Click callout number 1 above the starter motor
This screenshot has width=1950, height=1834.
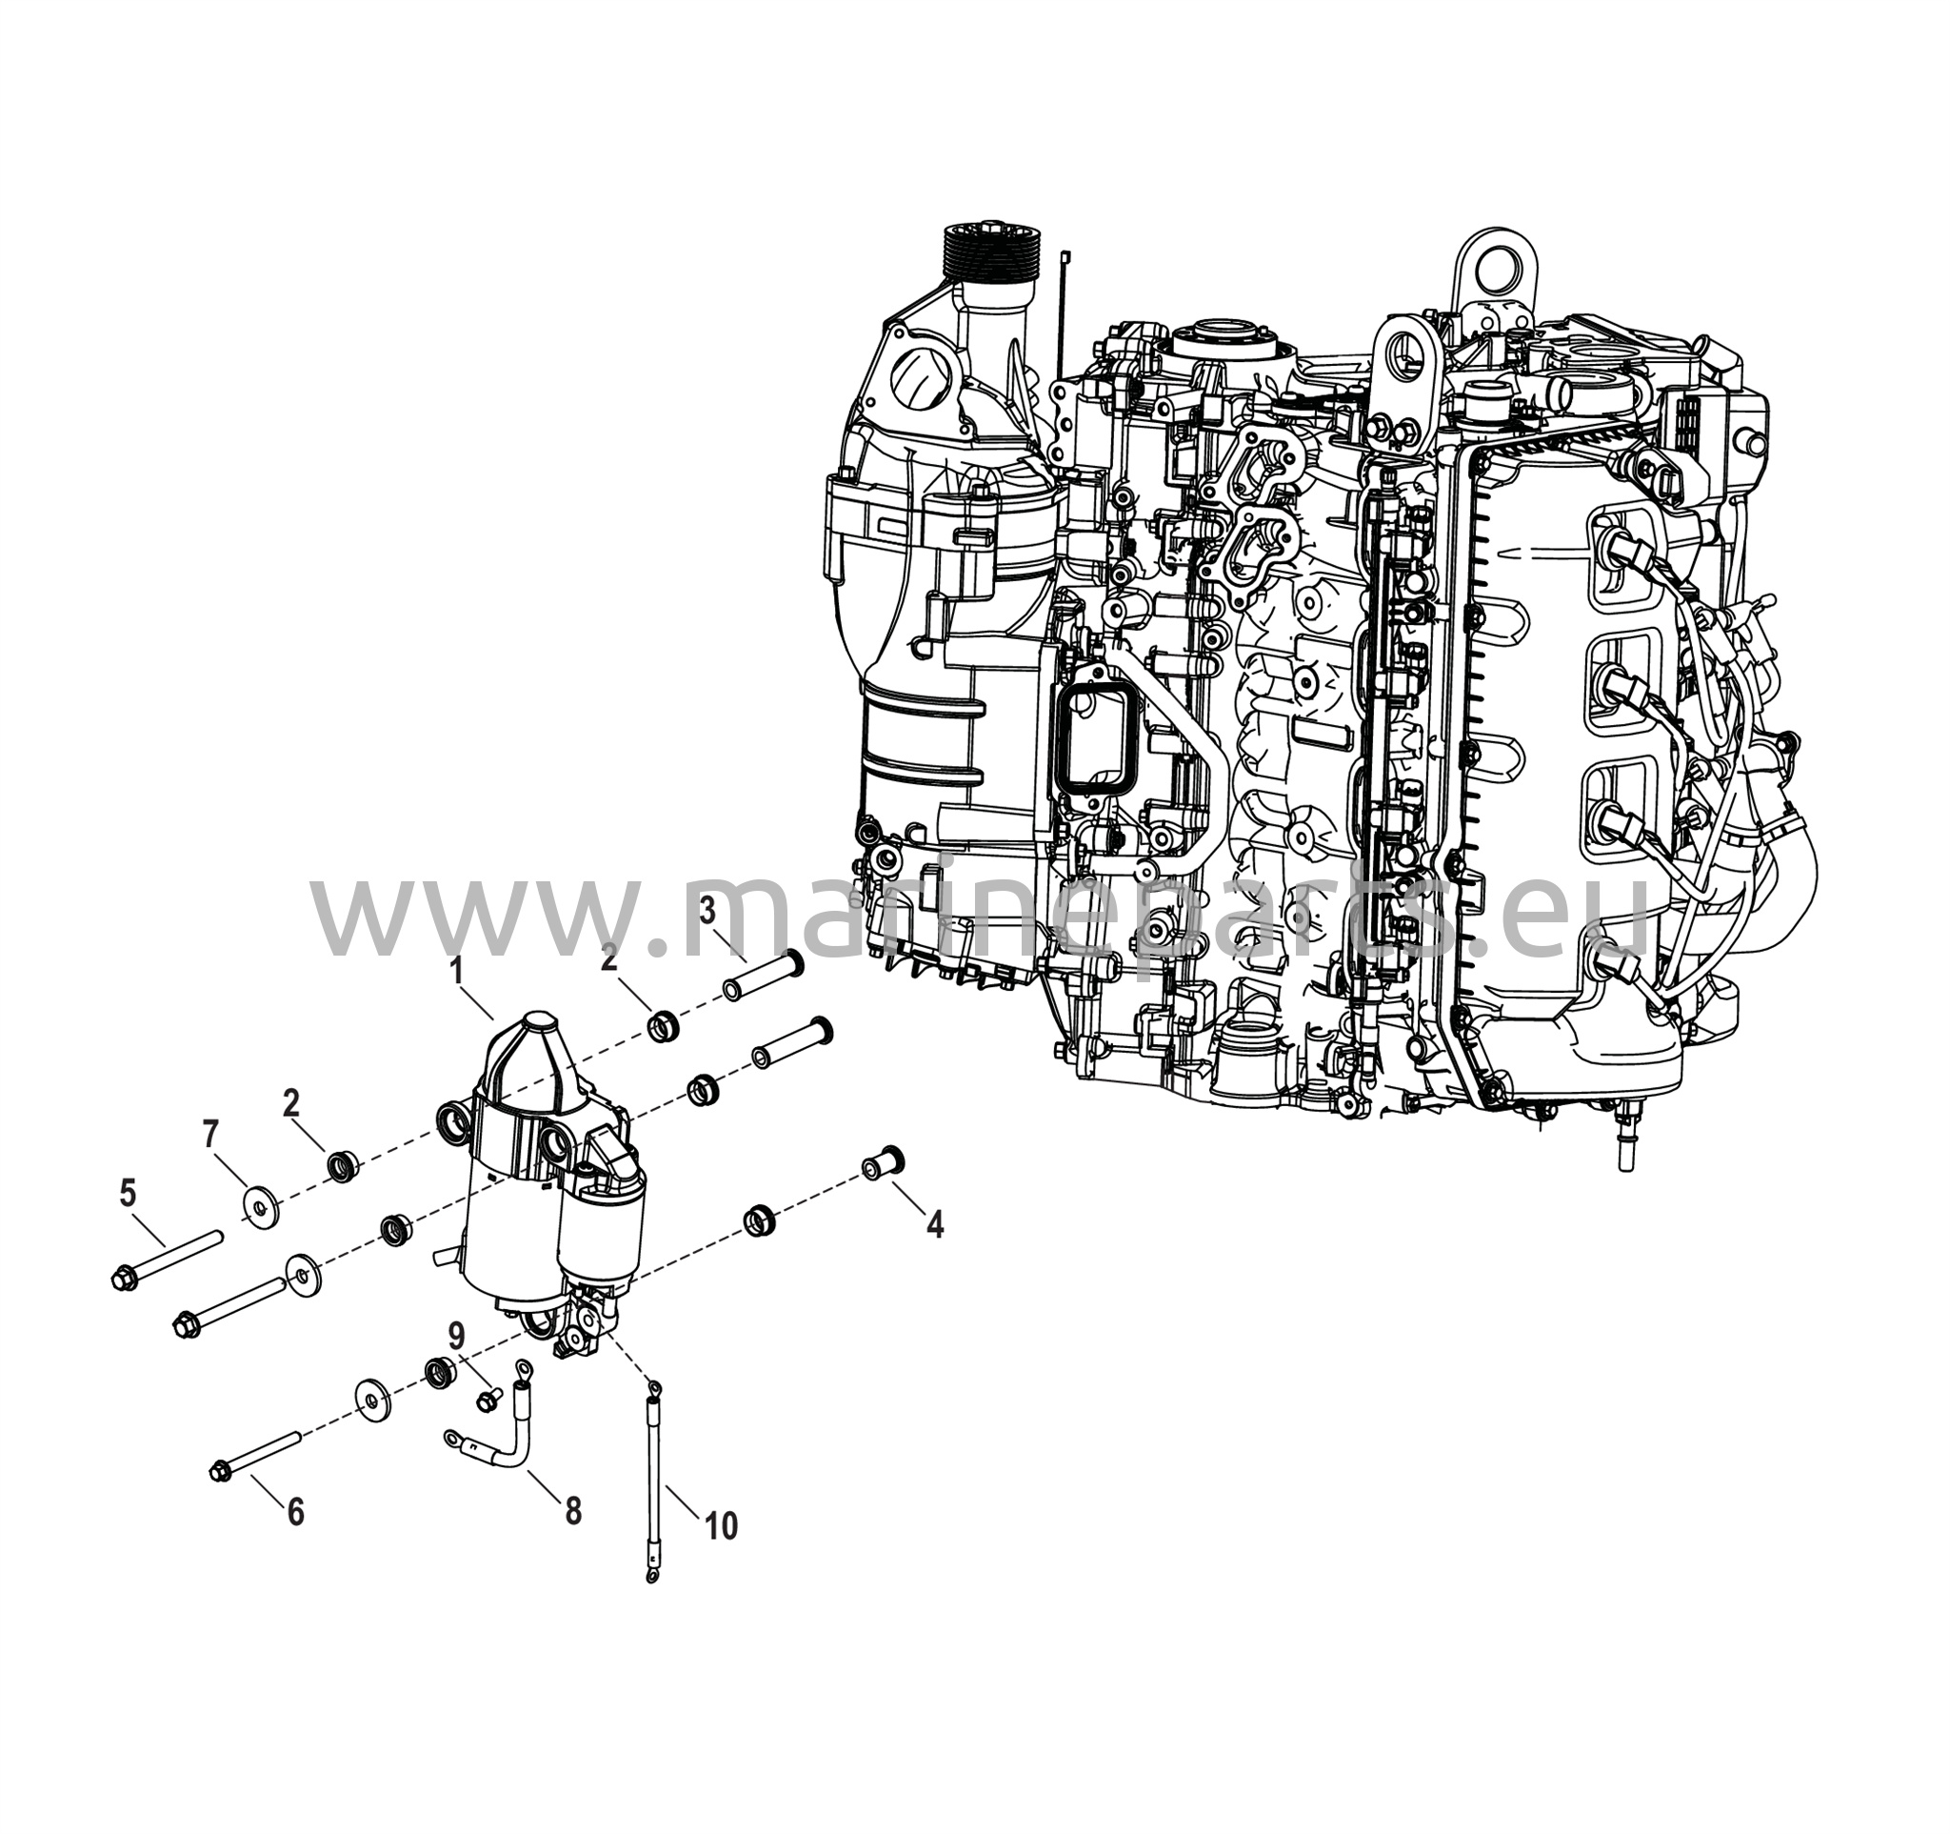[x=456, y=972]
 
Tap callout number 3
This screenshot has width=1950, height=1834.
[x=708, y=912]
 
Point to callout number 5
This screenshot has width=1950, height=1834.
[x=128, y=1193]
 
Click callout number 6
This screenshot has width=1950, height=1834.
[x=295, y=1512]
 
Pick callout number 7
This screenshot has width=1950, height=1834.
[x=209, y=1136]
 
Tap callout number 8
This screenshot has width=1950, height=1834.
[x=573, y=1511]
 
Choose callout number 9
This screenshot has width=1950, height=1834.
[x=456, y=1335]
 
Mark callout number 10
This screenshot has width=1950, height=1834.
[x=721, y=1526]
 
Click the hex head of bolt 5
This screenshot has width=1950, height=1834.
[x=124, y=1279]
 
